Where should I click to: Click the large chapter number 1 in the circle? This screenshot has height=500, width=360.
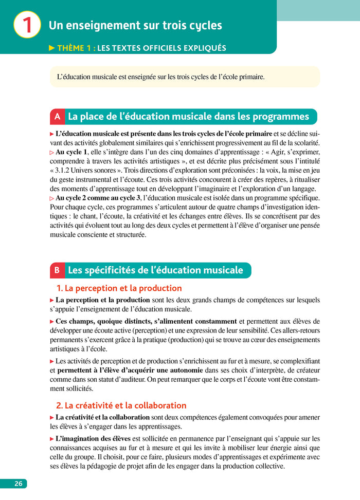[27, 25]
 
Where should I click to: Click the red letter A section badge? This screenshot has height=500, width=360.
[57, 117]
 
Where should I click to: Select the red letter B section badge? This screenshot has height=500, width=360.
[57, 270]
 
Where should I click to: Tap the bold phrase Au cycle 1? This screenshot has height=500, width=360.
[71, 152]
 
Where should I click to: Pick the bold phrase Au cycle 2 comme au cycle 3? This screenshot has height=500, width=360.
[98, 198]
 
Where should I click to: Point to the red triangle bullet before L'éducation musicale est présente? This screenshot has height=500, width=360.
[52, 134]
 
